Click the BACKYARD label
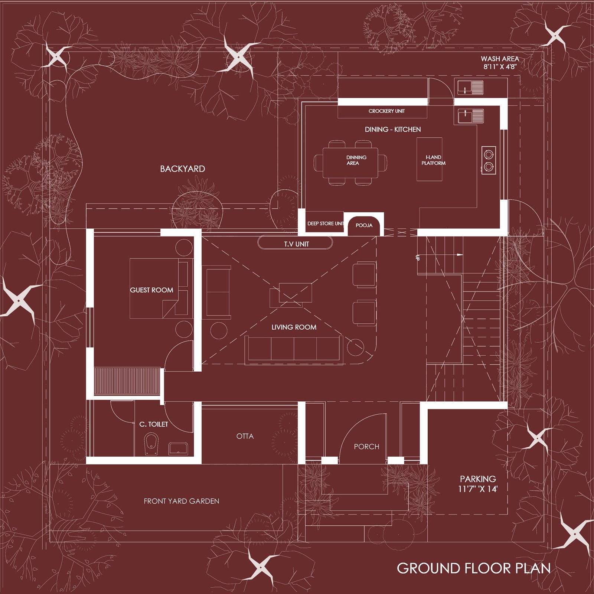tap(182, 169)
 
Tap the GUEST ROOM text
tap(151, 290)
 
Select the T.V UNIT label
tap(296, 244)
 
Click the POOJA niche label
tap(364, 225)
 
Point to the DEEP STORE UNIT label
tap(326, 223)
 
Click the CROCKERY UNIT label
tap(386, 111)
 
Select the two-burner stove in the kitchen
tap(489, 160)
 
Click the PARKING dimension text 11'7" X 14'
tap(478, 489)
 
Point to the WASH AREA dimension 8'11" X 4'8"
tap(500, 67)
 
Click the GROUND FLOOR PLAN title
tap(474, 568)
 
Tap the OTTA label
tap(245, 436)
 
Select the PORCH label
tap(366, 447)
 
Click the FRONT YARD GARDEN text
tap(182, 501)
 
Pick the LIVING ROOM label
tap(294, 327)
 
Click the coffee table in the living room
tap(291, 295)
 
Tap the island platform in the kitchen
tap(429, 159)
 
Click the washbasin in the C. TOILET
tap(178, 449)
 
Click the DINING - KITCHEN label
tap(393, 130)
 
